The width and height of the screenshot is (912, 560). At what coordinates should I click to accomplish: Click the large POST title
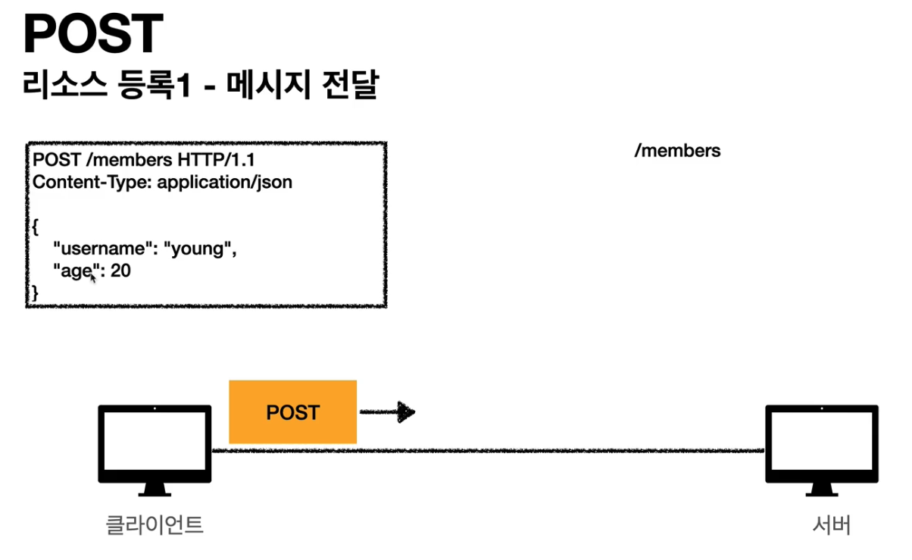tap(93, 34)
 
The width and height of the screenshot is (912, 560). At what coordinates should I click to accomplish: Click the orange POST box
tap(292, 412)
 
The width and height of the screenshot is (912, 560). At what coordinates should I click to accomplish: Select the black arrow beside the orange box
tap(387, 412)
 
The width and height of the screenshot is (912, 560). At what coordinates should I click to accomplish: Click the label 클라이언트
tap(155, 524)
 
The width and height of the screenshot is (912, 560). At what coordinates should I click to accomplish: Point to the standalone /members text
tap(677, 151)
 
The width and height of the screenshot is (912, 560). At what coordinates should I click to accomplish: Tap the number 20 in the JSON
tap(120, 271)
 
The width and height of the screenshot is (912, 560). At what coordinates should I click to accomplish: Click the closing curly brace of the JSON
tap(36, 292)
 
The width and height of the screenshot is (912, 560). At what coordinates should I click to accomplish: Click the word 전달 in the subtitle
tap(354, 86)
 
